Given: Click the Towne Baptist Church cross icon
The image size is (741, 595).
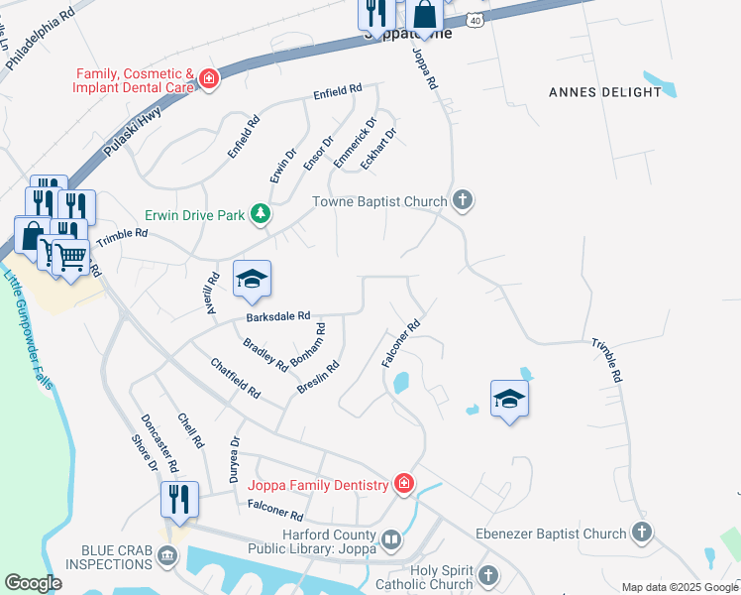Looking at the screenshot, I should (x=462, y=201).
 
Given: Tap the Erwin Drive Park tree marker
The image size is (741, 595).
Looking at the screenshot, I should (x=260, y=213).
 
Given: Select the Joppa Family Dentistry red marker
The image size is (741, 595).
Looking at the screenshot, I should (x=403, y=484).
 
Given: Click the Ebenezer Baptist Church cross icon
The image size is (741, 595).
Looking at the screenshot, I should (x=641, y=533).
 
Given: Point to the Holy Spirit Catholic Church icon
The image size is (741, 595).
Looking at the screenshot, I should (x=487, y=575).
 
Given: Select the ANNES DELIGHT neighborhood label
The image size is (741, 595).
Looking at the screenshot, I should (x=604, y=92).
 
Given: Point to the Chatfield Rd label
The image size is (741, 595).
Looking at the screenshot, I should (x=236, y=378).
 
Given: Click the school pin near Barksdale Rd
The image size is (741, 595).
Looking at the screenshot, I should (x=252, y=279).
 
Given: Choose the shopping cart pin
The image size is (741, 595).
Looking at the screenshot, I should (x=70, y=257).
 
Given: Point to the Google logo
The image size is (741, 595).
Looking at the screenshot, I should (x=33, y=583).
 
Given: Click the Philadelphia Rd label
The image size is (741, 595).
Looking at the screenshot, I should (x=40, y=40).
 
